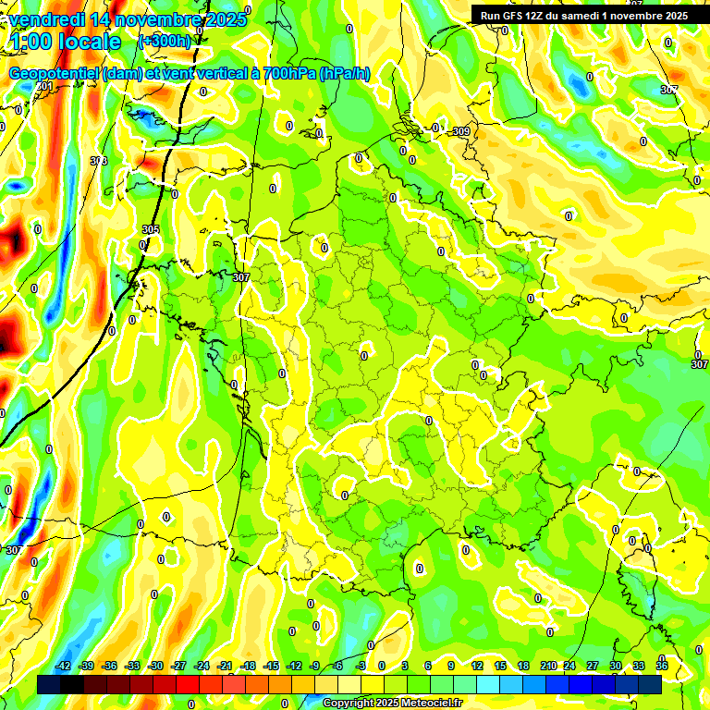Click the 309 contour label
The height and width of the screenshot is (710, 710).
pos(460,132)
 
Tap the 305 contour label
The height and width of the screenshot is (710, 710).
pos(151,229)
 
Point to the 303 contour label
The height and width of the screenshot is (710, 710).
pos(99,161)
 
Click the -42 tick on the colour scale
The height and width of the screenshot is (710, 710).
pos(64,666)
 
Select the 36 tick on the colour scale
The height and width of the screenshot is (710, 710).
pos(662,666)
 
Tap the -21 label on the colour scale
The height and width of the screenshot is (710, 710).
pos(225,666)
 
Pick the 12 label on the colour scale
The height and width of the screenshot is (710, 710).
pos(477,666)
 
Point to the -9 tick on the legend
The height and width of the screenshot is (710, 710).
pos(315,666)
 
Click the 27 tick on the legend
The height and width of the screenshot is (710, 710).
pos(593,666)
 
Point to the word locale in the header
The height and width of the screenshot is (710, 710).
pos(89,42)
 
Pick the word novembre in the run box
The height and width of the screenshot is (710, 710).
pos(633,16)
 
